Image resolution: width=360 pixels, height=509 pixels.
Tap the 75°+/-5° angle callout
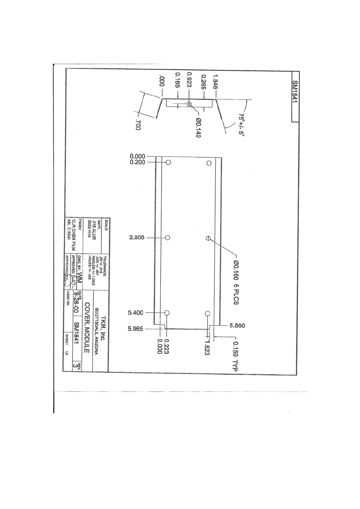(241, 125)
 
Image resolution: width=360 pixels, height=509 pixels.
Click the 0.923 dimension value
(189, 80)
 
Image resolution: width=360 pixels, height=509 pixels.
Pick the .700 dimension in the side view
(138, 125)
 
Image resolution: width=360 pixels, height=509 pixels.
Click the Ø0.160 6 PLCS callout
(236, 283)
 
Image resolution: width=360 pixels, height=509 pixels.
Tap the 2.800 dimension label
(137, 238)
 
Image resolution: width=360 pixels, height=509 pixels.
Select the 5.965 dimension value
(135, 329)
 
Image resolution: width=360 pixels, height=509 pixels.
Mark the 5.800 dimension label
(237, 326)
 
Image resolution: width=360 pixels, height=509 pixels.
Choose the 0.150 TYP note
(236, 356)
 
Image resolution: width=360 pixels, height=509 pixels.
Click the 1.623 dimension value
(207, 348)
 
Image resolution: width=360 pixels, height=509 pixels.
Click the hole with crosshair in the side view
(189, 104)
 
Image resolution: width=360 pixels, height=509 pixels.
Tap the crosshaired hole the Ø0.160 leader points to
(208, 238)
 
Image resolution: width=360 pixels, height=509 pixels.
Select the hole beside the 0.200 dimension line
(169, 162)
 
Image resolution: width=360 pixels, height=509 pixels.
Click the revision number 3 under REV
(75, 365)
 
